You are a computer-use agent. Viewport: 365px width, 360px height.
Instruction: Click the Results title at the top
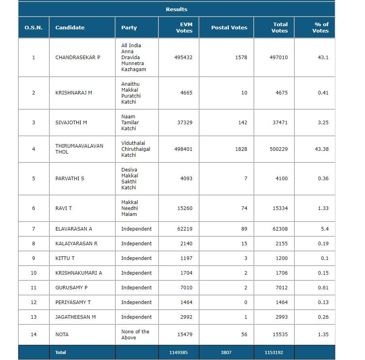(x=176, y=9)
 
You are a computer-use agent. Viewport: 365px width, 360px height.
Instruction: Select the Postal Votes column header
(x=229, y=27)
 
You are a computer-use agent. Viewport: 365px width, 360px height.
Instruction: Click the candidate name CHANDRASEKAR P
(x=77, y=57)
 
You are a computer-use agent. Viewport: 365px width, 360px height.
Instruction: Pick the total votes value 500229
(x=280, y=149)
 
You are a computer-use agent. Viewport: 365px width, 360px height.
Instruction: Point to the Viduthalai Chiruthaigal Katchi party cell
(x=135, y=149)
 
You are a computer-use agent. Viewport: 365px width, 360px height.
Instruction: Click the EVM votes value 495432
(x=183, y=57)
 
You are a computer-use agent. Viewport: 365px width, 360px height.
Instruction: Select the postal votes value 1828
(x=241, y=149)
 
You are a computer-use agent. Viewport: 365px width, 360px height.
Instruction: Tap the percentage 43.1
(x=323, y=57)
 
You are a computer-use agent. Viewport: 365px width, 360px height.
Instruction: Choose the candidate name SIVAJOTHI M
(x=71, y=122)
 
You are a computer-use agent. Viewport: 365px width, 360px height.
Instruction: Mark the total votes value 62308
(x=280, y=229)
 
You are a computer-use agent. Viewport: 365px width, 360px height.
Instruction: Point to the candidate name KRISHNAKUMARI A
(x=79, y=273)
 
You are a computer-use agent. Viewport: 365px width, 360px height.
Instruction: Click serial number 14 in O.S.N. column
(x=33, y=334)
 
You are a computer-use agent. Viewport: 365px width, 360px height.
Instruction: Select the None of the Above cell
(x=135, y=334)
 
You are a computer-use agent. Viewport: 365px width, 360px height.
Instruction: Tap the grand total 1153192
(x=274, y=352)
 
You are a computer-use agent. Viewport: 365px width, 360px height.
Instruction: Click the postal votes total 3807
(x=226, y=352)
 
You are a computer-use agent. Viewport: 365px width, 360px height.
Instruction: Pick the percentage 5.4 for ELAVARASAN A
(x=324, y=229)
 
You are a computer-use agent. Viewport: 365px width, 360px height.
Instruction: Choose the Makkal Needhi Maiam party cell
(x=130, y=208)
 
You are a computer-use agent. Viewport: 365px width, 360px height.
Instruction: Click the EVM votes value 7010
(x=186, y=287)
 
